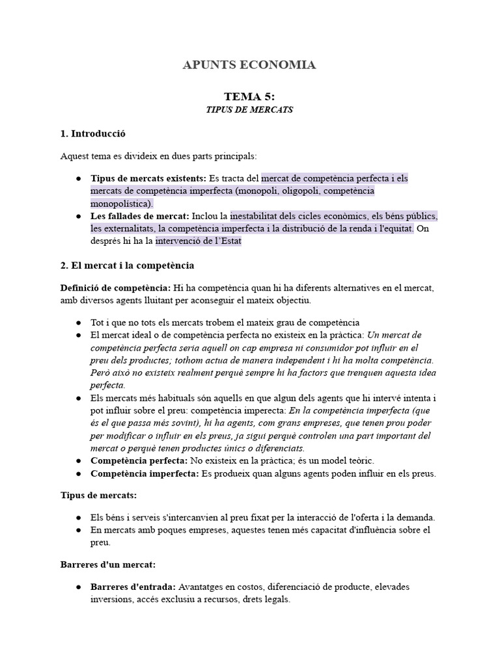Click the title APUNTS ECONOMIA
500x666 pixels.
[x=249, y=64]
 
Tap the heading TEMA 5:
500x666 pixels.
[x=249, y=96]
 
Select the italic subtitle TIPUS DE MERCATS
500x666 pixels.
[x=249, y=110]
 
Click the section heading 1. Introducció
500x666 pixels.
[x=92, y=133]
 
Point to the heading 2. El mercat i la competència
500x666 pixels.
[x=127, y=266]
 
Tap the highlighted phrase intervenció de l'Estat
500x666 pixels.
[x=199, y=241]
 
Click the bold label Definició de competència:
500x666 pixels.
[x=116, y=288]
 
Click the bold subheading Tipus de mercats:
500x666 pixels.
[x=98, y=496]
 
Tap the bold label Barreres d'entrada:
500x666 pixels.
[x=133, y=587]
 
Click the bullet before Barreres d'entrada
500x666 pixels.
[x=78, y=587]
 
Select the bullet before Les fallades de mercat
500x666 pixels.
[x=78, y=216]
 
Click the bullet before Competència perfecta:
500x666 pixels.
[x=78, y=460]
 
